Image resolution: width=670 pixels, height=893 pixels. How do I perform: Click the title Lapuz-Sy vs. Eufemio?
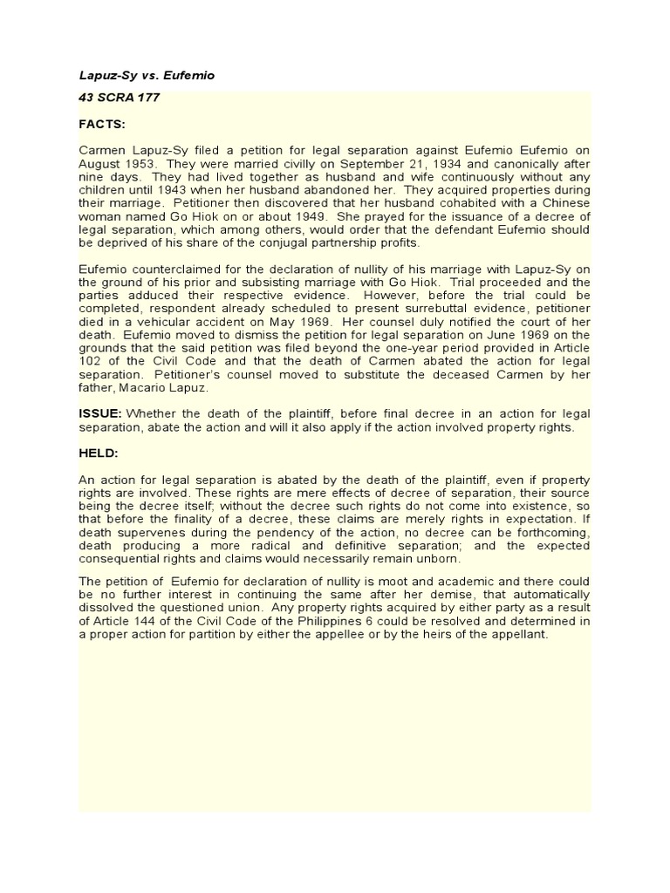[147, 76]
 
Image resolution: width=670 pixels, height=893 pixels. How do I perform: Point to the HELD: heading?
[99, 454]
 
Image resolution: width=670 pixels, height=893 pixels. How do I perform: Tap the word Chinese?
[557, 203]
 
